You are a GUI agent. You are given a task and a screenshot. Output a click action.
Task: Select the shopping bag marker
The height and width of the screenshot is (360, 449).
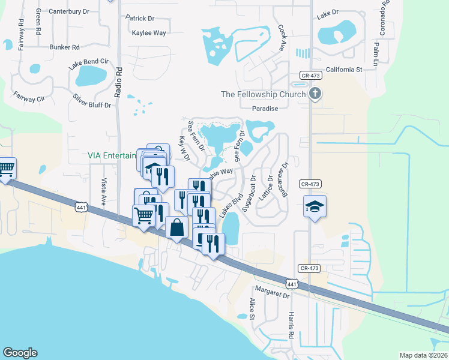pyautogui.click(x=176, y=228)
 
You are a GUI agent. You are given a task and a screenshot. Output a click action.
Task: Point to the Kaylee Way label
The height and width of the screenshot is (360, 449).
pyautogui.click(x=149, y=33)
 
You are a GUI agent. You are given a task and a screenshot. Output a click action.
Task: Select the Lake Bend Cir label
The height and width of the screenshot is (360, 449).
pyautogui.click(x=88, y=61)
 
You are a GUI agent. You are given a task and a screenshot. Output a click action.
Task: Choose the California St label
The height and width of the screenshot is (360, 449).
pyautogui.click(x=345, y=70)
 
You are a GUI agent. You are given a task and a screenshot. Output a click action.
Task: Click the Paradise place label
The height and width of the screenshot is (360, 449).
pyautogui.click(x=265, y=109)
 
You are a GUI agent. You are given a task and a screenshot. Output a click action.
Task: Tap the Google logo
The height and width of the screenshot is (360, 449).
pyautogui.click(x=20, y=353)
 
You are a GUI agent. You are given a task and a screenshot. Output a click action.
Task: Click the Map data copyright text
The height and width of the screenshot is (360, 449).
pyautogui.click(x=423, y=355)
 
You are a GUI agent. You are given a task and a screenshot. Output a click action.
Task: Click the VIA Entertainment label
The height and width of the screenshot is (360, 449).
pyautogui.click(x=112, y=155)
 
